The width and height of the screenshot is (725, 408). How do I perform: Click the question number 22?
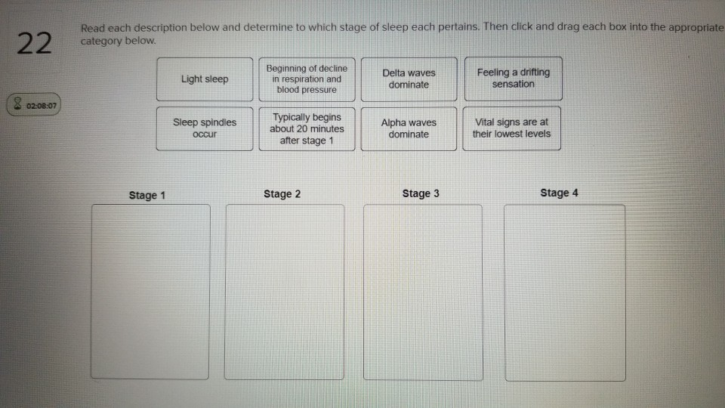coord(34,45)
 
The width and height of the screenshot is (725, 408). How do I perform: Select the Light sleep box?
coord(205,79)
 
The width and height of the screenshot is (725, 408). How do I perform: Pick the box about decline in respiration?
coord(307,79)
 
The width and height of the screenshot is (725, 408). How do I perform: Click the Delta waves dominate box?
coord(409,79)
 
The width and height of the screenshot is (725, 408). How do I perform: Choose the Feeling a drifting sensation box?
coord(513,78)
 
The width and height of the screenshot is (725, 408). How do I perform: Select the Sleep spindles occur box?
coord(205,128)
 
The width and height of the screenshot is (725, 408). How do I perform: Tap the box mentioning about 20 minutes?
coord(307,129)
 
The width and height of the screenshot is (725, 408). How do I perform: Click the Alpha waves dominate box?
coord(409,128)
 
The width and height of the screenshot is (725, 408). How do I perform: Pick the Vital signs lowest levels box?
coord(511,128)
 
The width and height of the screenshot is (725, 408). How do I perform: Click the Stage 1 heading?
coord(147,195)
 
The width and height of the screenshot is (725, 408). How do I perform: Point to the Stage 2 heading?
coord(282,194)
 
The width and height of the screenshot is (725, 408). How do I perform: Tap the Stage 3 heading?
coord(421,193)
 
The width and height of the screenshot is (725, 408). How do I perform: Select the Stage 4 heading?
coord(559,193)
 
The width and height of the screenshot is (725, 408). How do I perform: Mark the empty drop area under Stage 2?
coord(285,292)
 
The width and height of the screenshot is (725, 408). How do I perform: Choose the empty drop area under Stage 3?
coord(423,292)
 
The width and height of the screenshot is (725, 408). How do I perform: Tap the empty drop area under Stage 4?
coord(565,292)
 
